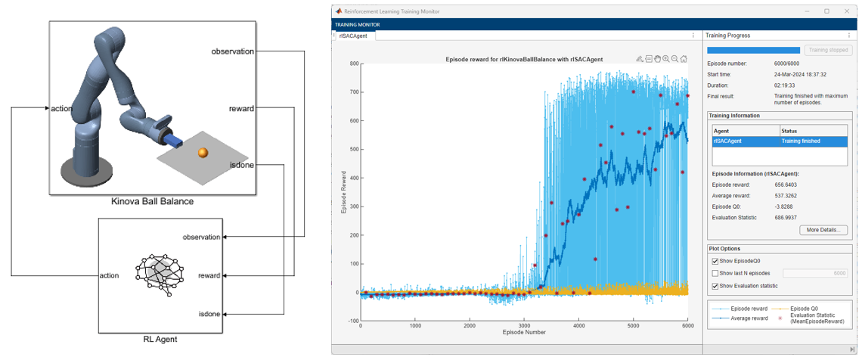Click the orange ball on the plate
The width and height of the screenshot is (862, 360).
click(202, 153)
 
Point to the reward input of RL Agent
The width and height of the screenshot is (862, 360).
click(208, 276)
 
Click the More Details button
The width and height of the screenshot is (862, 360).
click(823, 230)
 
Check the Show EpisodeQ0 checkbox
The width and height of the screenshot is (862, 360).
click(715, 262)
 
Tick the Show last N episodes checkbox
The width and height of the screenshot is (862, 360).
click(715, 274)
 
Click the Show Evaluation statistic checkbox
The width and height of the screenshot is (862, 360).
click(715, 286)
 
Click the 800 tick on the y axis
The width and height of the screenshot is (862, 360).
click(352, 64)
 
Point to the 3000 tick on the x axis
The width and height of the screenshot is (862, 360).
click(524, 326)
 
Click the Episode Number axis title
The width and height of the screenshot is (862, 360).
click(524, 333)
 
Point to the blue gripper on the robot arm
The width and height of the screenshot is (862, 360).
click(173, 142)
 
